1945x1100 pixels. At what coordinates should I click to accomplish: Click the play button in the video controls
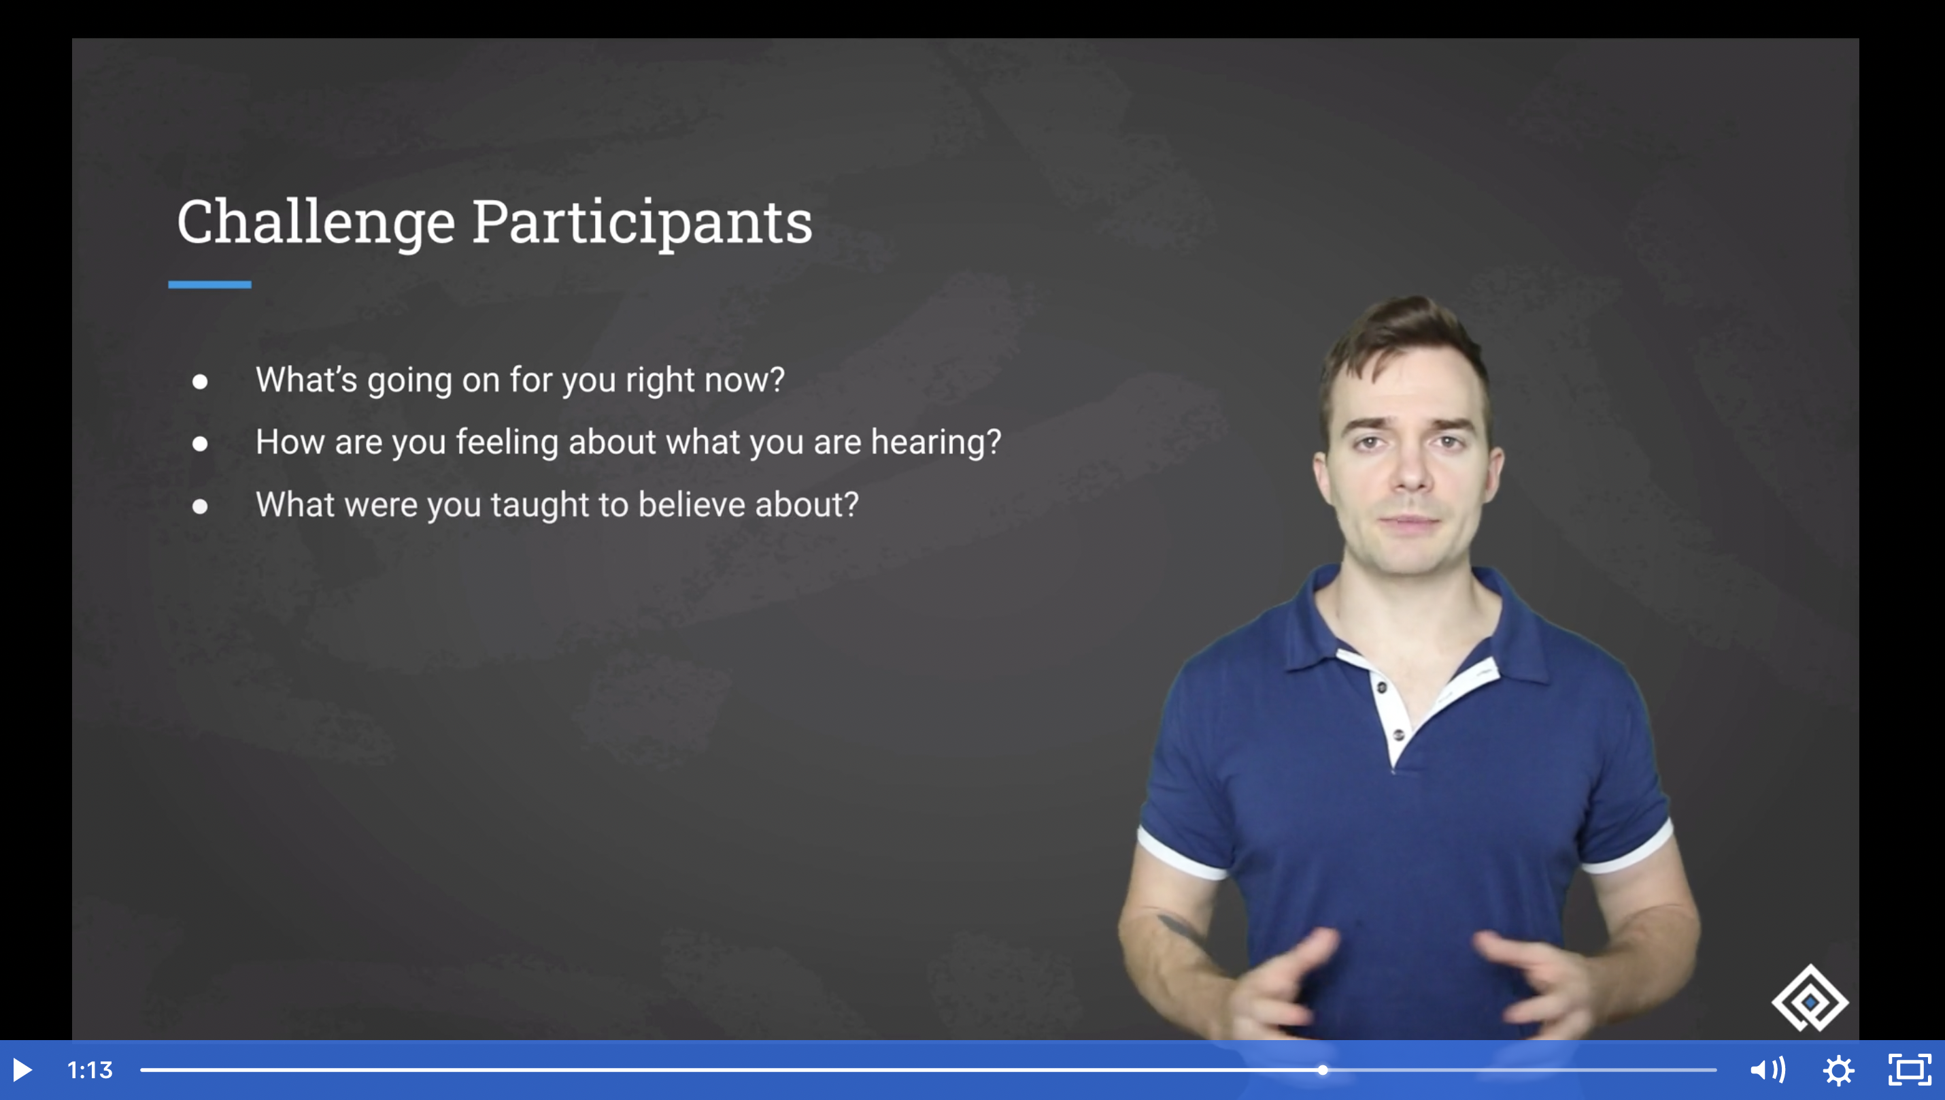(22, 1070)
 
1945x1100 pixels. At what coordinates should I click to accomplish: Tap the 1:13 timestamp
(90, 1070)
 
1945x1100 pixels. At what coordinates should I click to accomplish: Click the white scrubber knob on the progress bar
(1323, 1070)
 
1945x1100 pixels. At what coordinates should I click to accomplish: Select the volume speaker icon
(1768, 1070)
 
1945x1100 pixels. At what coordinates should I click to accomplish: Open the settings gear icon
(1838, 1071)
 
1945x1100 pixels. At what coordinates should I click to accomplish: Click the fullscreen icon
(1910, 1070)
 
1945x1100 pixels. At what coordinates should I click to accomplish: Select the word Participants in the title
(642, 224)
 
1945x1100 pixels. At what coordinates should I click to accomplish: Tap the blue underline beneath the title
(210, 285)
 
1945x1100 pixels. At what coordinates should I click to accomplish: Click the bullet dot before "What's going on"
(200, 381)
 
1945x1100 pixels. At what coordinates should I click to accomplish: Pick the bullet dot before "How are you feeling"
(200, 444)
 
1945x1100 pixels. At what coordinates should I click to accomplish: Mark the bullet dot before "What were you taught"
(200, 506)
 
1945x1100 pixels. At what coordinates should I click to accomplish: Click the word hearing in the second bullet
(936, 442)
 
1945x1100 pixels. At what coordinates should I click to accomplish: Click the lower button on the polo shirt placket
(1398, 734)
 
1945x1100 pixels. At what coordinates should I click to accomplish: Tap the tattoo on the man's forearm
(1183, 928)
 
